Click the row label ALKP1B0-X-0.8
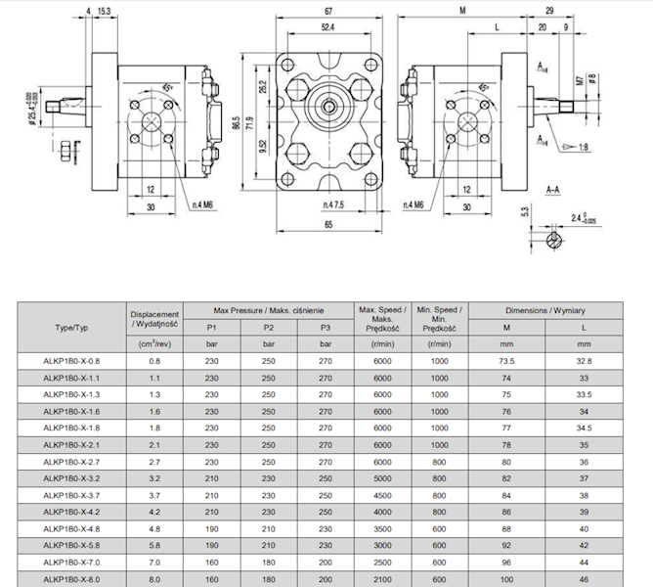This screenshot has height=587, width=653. click(x=71, y=361)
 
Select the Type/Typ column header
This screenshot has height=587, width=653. click(x=71, y=327)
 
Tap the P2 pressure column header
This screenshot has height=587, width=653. click(x=269, y=327)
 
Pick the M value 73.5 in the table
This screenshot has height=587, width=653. click(x=506, y=361)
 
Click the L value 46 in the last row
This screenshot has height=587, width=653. click(x=584, y=578)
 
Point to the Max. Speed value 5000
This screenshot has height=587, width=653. click(x=382, y=477)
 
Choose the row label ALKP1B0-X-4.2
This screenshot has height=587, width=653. click(x=71, y=511)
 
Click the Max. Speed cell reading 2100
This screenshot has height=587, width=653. click(x=382, y=578)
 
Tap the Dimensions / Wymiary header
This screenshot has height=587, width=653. click(x=544, y=309)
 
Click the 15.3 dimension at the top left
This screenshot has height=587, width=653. click(x=104, y=11)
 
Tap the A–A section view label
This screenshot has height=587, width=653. click(x=552, y=187)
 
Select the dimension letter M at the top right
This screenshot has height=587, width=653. click(x=460, y=11)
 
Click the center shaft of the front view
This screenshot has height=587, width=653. click(x=326, y=102)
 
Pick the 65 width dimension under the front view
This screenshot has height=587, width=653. click(x=324, y=224)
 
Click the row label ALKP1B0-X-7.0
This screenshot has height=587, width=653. click(x=71, y=562)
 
